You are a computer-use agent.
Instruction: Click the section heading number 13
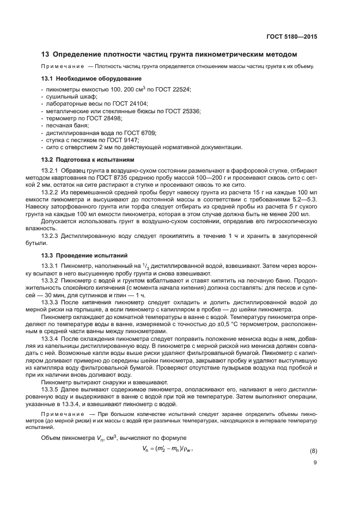(46, 54)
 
